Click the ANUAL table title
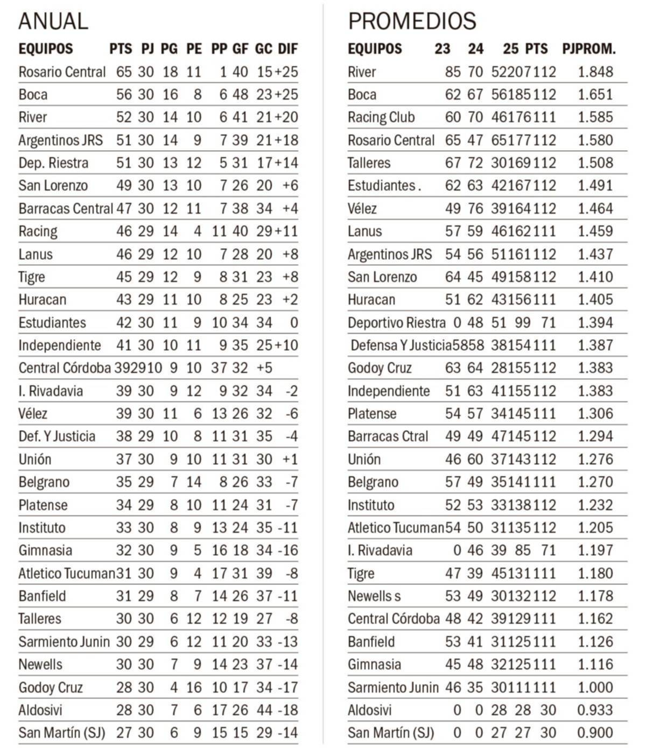point(53,21)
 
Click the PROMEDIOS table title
point(412,21)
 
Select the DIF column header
point(288,49)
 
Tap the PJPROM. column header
point(589,49)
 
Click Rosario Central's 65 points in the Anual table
point(124,72)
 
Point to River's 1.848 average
point(595,72)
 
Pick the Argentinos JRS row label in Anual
point(60,140)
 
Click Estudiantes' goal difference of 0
point(293,323)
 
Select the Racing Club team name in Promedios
point(381,117)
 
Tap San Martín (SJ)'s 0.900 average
point(595,733)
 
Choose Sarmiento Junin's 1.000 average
point(595,688)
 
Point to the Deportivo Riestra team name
point(396,323)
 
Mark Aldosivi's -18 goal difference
point(287,710)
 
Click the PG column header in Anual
point(169,49)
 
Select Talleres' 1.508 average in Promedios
point(595,163)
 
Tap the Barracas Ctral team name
point(388,436)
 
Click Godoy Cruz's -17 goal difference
point(287,688)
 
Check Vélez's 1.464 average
point(595,209)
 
